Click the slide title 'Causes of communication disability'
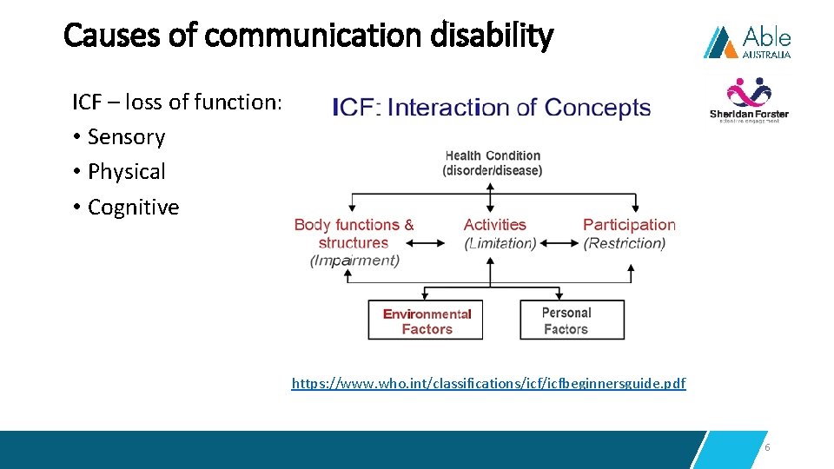(308, 36)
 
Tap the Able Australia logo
(747, 42)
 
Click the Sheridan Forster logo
(749, 101)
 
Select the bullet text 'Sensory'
(126, 137)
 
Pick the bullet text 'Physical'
(126, 172)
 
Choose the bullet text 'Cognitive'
(133, 208)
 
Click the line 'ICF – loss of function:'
(177, 102)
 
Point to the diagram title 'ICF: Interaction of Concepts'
(492, 108)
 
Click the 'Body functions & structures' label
(354, 234)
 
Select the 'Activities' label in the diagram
(494, 225)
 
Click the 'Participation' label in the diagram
(629, 225)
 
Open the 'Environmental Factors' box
(426, 320)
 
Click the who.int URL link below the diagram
(488, 383)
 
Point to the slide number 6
(767, 447)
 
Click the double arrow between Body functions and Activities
(426, 244)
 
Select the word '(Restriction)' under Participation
(625, 243)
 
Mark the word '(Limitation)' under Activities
(500, 243)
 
